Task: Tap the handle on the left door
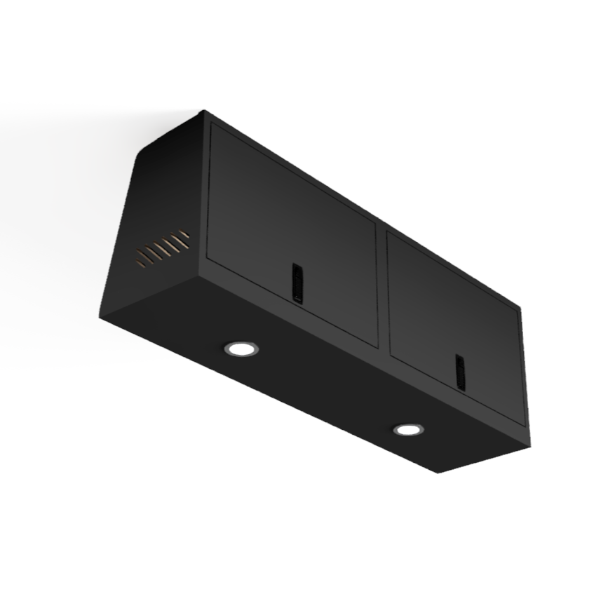click(x=297, y=283)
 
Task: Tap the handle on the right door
click(x=460, y=372)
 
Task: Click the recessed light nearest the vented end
click(x=241, y=348)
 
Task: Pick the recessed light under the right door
click(x=407, y=429)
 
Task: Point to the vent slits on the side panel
click(x=163, y=248)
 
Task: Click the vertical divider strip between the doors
click(x=382, y=288)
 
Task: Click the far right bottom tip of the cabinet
click(x=529, y=446)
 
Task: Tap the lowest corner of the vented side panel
click(x=100, y=316)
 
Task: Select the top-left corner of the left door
click(x=212, y=124)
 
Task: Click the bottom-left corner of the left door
click(x=208, y=256)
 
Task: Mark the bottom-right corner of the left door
click(x=377, y=346)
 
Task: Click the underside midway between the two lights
click(x=324, y=389)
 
